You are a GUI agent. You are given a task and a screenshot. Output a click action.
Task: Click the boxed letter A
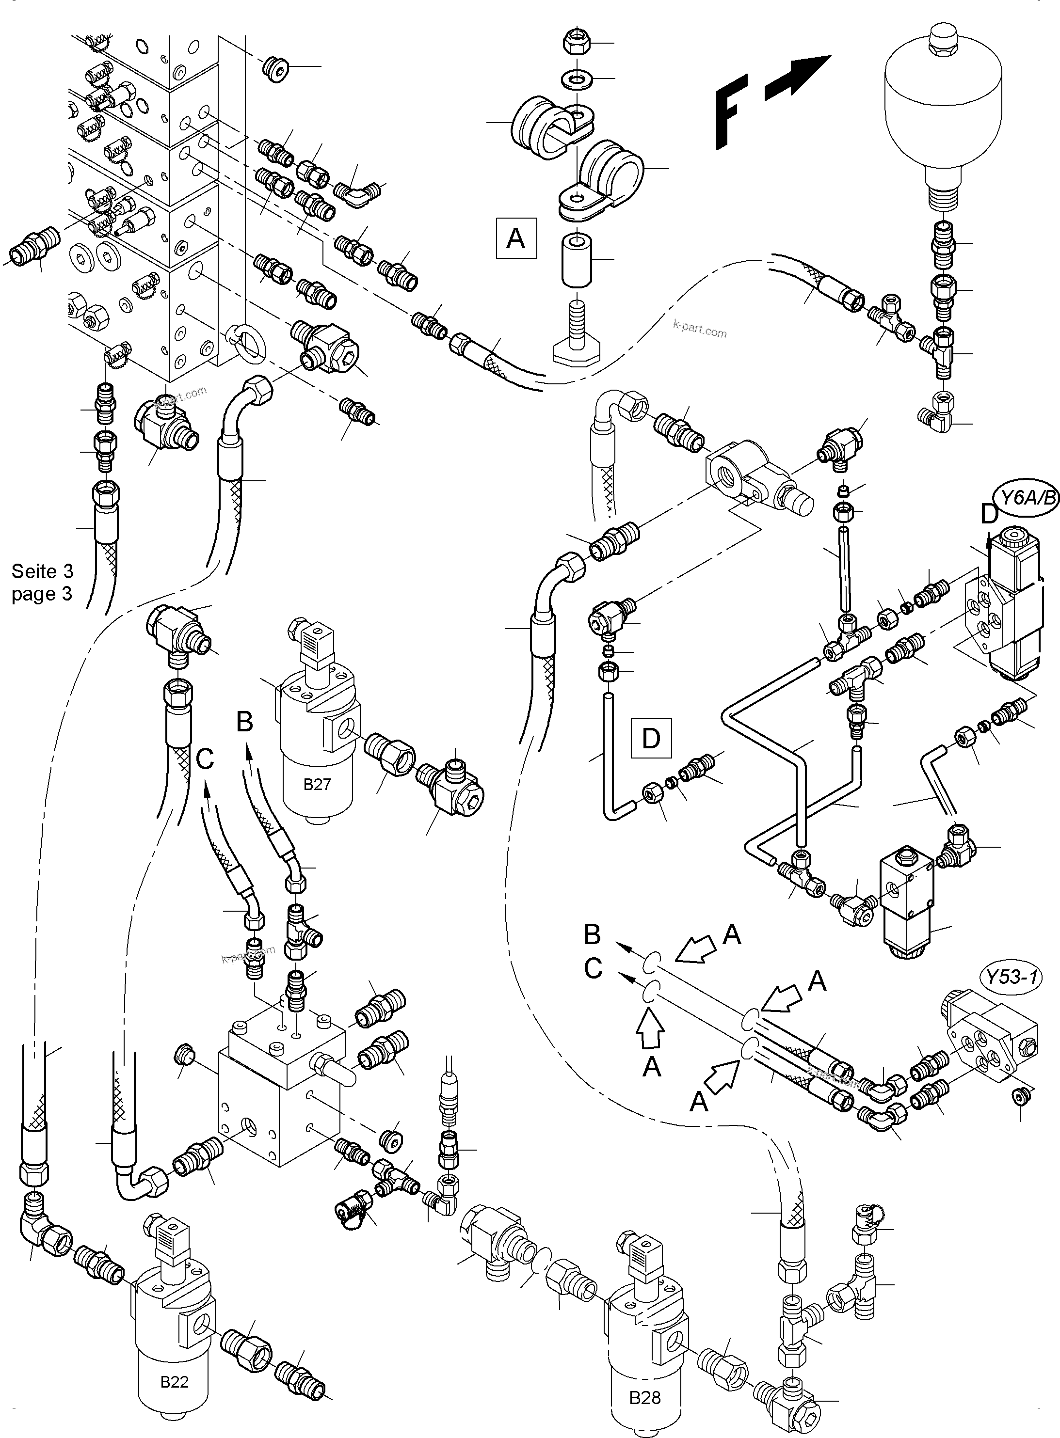pos(516,238)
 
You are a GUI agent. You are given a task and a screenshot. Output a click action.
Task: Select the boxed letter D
pos(651,738)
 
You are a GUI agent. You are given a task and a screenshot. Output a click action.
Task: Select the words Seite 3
pos(42,571)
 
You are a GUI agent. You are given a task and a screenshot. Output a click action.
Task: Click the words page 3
pos(42,594)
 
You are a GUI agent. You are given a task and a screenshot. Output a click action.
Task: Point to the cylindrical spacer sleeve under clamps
pos(576,260)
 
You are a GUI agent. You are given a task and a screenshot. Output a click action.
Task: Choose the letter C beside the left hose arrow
pos(204,759)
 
